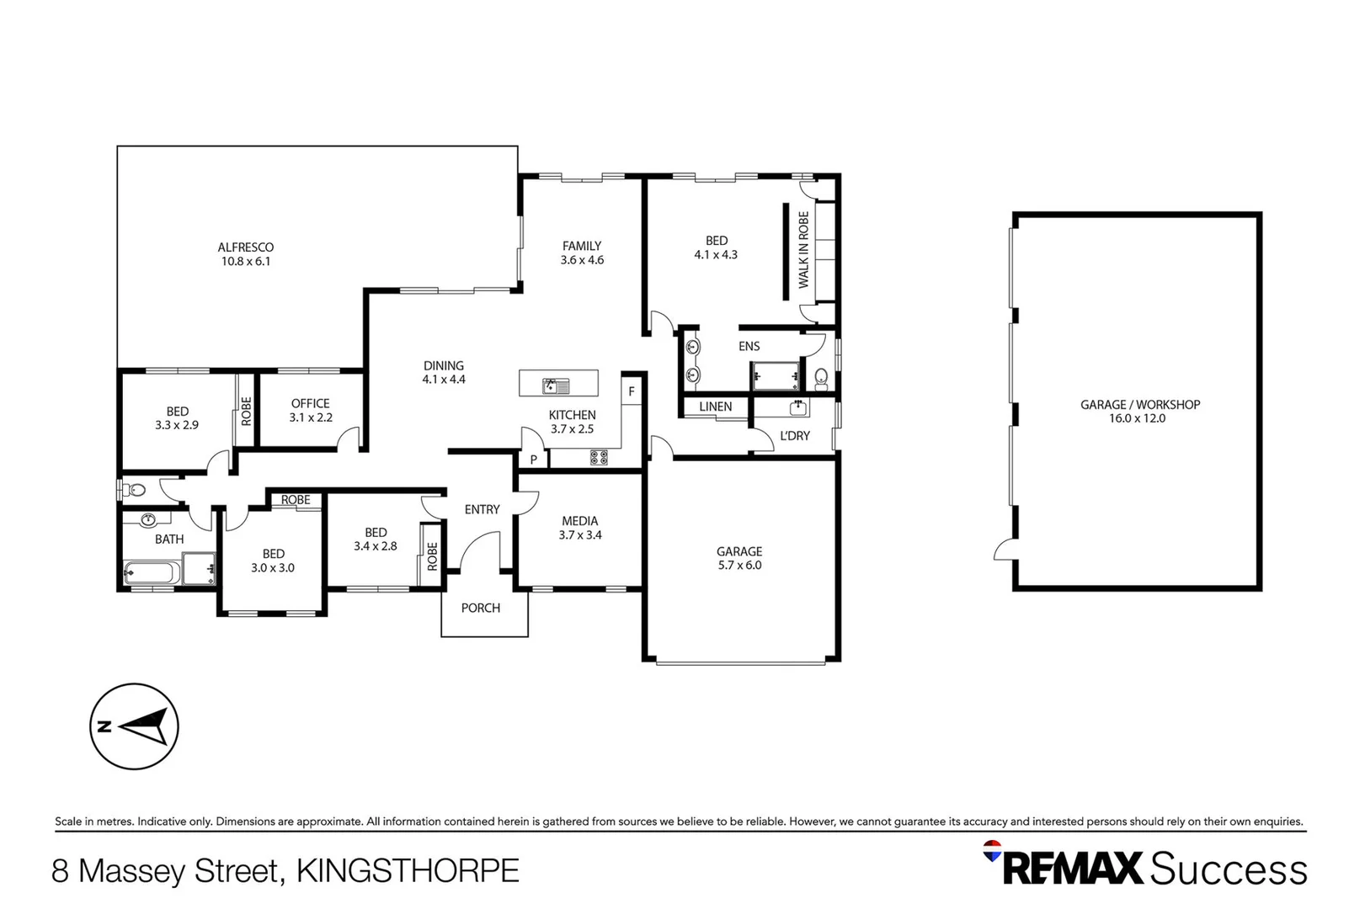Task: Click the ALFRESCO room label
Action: pyautogui.click(x=246, y=247)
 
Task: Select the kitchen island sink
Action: pyautogui.click(x=556, y=386)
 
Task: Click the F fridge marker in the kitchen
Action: pyautogui.click(x=632, y=391)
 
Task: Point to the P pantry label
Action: pyautogui.click(x=533, y=460)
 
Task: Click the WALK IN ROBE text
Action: pyautogui.click(x=803, y=250)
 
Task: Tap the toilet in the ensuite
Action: pyautogui.click(x=821, y=376)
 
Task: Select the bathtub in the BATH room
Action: pyautogui.click(x=150, y=574)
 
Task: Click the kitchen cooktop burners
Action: pyautogui.click(x=599, y=458)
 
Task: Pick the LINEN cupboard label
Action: pyautogui.click(x=715, y=407)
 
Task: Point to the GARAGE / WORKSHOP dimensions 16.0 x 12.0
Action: pyautogui.click(x=1137, y=418)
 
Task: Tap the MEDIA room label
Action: pyautogui.click(x=579, y=521)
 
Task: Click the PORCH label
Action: pyautogui.click(x=481, y=608)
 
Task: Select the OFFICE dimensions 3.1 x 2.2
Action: pyautogui.click(x=311, y=417)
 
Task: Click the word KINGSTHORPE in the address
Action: pyautogui.click(x=408, y=870)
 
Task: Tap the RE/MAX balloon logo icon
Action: pyautogui.click(x=993, y=851)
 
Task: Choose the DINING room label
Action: pyautogui.click(x=444, y=365)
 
